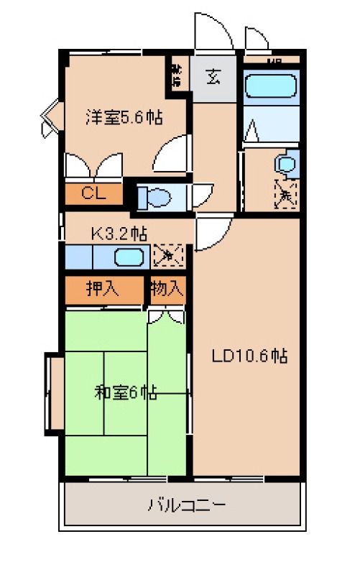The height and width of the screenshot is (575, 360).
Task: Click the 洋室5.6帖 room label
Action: pos(124,117)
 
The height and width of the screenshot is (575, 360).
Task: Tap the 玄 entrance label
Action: pos(214,75)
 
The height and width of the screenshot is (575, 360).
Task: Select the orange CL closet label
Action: pos(93,193)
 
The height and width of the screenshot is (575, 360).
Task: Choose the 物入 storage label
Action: pos(167,289)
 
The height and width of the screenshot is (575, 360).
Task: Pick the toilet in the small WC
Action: pos(153,195)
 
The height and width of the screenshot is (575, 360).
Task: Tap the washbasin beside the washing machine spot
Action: pos(285,165)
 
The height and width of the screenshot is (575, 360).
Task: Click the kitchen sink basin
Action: pos(129,256)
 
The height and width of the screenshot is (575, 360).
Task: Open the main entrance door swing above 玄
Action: pos(214,32)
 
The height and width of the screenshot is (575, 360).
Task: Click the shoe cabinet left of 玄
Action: pos(177,74)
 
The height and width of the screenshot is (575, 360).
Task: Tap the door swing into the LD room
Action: pos(211,234)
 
